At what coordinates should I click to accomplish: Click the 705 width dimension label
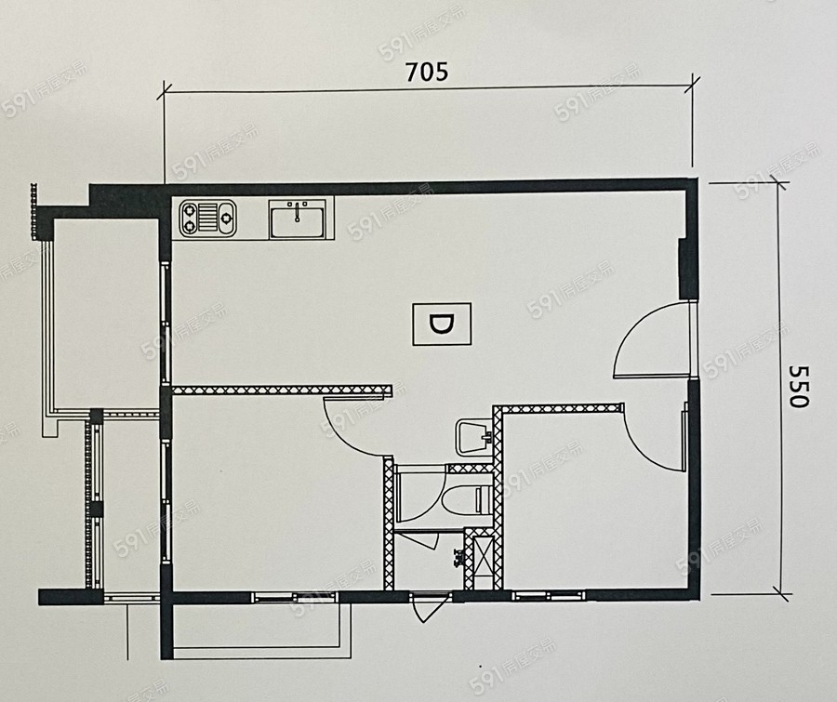pyautogui.click(x=427, y=72)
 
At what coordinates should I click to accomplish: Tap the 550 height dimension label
pyautogui.click(x=799, y=387)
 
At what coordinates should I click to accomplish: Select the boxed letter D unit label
pyautogui.click(x=442, y=325)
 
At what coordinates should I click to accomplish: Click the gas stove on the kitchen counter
pyautogui.click(x=207, y=218)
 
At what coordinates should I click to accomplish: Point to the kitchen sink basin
pyautogui.click(x=298, y=219)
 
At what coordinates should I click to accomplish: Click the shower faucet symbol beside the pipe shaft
pyautogui.click(x=458, y=558)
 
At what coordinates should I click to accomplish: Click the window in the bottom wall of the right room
pyautogui.click(x=549, y=595)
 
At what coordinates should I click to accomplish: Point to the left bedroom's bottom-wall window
pyautogui.click(x=295, y=597)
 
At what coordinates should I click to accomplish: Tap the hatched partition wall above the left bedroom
pyautogui.click(x=283, y=391)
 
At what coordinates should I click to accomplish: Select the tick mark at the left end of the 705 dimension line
pyautogui.click(x=164, y=91)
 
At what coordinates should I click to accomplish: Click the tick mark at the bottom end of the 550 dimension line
pyautogui.click(x=780, y=592)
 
